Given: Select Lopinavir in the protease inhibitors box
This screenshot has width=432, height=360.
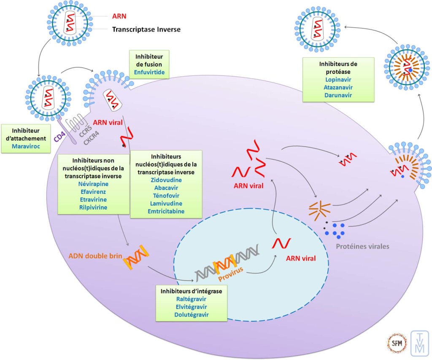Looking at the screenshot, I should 338,80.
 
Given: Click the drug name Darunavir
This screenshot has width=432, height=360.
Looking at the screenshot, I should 338,95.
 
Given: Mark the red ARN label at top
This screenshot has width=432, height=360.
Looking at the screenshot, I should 118,17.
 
